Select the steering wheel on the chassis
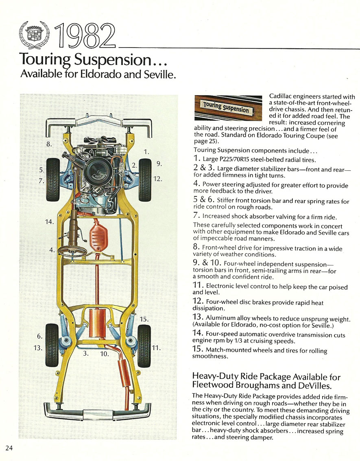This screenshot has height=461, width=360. coord(72,250)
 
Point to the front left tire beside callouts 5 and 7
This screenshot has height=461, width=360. coord(53,179)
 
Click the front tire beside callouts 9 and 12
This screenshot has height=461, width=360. coord(145,179)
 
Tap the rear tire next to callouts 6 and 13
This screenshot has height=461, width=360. coord(53,340)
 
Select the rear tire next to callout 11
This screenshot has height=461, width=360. coord(144,341)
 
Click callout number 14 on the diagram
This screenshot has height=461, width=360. coord(49,222)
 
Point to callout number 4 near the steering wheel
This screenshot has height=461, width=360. coord(52,250)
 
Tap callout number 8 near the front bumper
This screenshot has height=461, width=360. coord(49,144)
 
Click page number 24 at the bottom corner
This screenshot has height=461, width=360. coord(9,448)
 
